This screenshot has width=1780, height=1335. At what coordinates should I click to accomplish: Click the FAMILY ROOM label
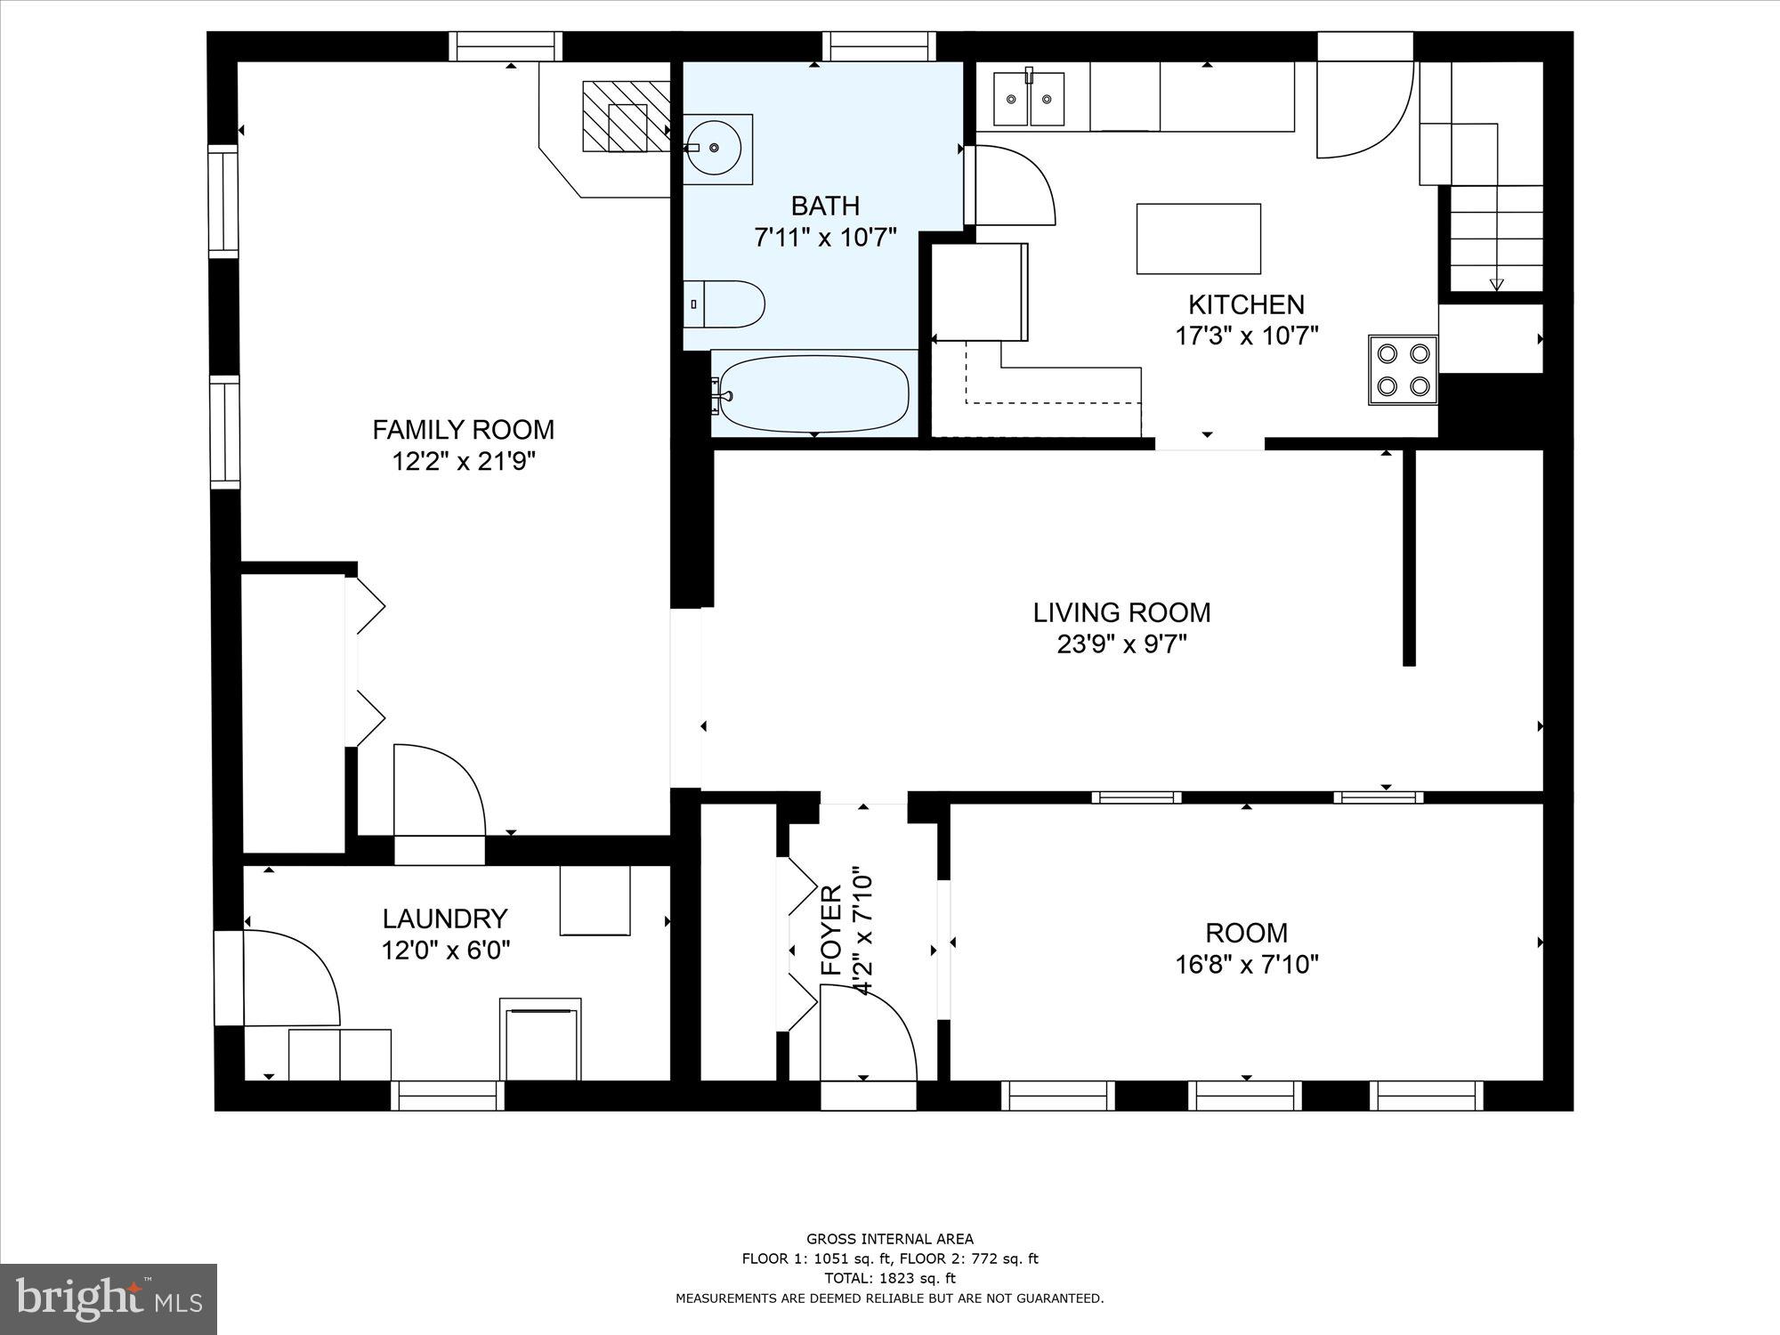pyautogui.click(x=463, y=430)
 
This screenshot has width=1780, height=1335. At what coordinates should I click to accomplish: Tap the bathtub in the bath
pyautogui.click(x=813, y=392)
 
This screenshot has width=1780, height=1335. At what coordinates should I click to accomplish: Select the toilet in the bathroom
pyautogui.click(x=725, y=304)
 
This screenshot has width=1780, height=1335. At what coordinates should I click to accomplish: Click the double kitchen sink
pyautogui.click(x=1029, y=99)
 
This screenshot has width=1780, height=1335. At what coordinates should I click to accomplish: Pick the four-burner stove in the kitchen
pyautogui.click(x=1403, y=369)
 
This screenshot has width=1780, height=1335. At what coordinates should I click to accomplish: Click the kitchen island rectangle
pyautogui.click(x=1198, y=239)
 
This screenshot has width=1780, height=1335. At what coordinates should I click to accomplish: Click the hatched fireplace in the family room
pyautogui.click(x=626, y=117)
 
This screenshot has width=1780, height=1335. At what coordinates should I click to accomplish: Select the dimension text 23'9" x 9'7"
pyautogui.click(x=1121, y=644)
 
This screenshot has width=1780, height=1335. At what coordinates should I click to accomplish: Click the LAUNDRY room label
pyautogui.click(x=445, y=918)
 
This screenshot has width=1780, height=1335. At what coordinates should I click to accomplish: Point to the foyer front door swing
pyautogui.click(x=868, y=1032)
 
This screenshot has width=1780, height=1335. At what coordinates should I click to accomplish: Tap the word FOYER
pyautogui.click(x=830, y=931)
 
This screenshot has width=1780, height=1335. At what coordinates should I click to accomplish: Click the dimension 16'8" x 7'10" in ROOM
pyautogui.click(x=1246, y=965)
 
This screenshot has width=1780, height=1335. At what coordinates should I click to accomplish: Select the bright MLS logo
pyautogui.click(x=109, y=1300)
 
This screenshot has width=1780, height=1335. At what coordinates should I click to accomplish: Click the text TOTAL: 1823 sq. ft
pyautogui.click(x=890, y=1278)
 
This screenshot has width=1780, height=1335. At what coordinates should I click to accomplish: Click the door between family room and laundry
pyautogui.click(x=439, y=792)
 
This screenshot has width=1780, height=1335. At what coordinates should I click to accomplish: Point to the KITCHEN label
pyautogui.click(x=1246, y=304)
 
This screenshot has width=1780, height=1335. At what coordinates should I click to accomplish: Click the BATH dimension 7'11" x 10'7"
pyautogui.click(x=825, y=238)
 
